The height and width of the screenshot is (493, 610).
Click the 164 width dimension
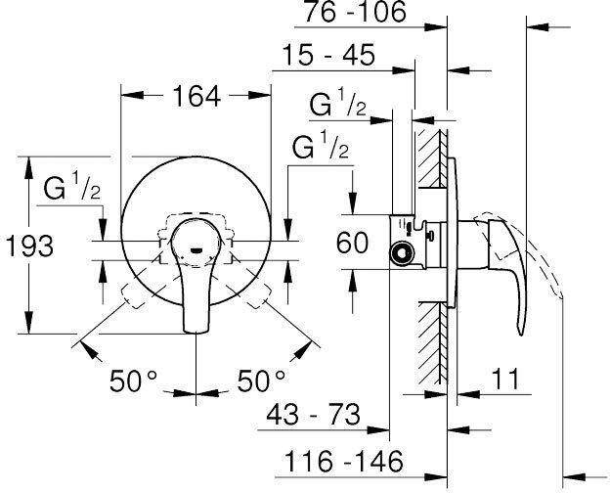pyautogui.click(x=196, y=97)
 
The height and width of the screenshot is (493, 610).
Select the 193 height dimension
pyautogui.click(x=29, y=246)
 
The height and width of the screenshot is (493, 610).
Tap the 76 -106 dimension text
pyautogui.click(x=355, y=12)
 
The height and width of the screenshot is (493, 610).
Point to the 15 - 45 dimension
pyautogui.click(x=328, y=55)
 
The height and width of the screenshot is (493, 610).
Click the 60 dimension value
pyautogui.click(x=352, y=243)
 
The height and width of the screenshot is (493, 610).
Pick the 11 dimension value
pyautogui.click(x=505, y=379)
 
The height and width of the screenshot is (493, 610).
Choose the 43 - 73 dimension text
pyautogui.click(x=314, y=415)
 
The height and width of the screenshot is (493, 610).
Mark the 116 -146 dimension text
pyautogui.click(x=344, y=462)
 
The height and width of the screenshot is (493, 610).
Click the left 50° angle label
pyautogui.click(x=133, y=381)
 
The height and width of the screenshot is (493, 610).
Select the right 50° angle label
pyautogui.click(x=261, y=381)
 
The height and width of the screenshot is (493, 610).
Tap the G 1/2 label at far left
pyautogui.click(x=72, y=187)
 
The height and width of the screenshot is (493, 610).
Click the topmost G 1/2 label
pyautogui.click(x=337, y=102)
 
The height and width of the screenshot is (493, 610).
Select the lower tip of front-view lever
pyautogui.click(x=196, y=333)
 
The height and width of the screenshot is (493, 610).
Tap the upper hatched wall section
pyautogui.click(x=433, y=158)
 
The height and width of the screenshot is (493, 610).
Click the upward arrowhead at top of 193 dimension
pyautogui.click(x=27, y=168)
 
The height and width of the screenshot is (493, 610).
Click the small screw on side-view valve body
pyautogui.click(x=431, y=236)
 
